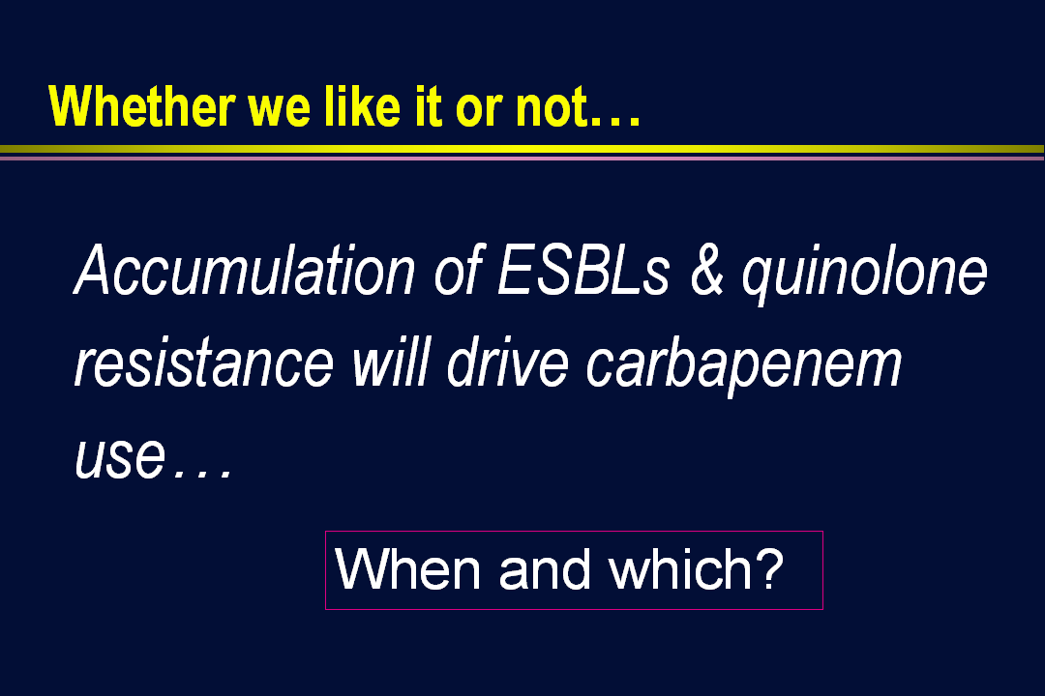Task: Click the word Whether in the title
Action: point(142,106)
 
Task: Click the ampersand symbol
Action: point(706,271)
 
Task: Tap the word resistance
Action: point(204,363)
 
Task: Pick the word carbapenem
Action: point(744,366)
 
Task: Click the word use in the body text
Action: point(120,457)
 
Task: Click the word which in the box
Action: point(680,568)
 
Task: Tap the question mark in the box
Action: point(770,568)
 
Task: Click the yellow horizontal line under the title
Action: point(522,149)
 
